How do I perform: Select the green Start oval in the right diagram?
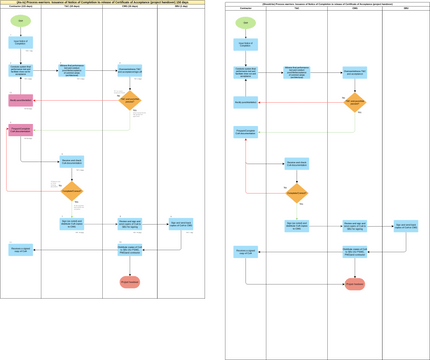click(245, 22)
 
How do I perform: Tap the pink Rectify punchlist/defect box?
click(20, 101)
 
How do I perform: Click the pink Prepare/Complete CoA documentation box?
click(20, 130)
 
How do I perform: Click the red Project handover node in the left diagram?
click(130, 282)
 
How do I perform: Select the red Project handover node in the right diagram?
click(355, 284)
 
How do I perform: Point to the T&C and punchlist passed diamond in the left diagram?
click(130, 101)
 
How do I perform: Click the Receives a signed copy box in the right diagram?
click(245, 251)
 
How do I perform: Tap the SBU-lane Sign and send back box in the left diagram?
click(181, 224)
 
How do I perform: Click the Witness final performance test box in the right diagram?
click(298, 72)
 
